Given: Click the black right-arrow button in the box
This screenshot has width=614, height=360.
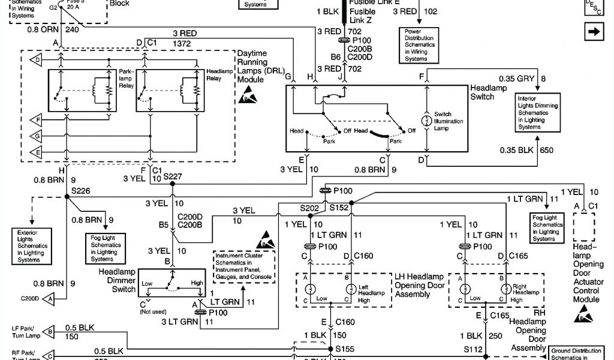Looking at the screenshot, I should [x=593, y=32].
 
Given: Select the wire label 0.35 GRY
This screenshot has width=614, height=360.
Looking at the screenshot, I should [x=517, y=79].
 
